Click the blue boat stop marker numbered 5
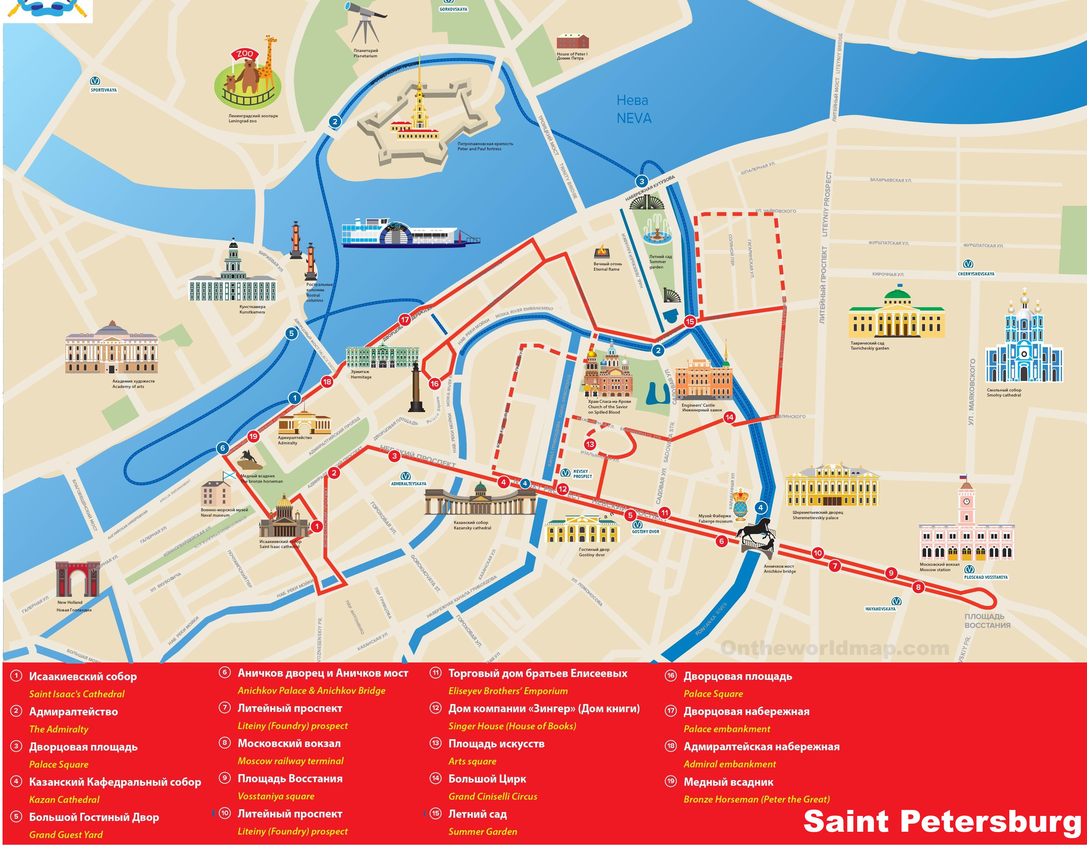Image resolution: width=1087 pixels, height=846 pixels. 292,333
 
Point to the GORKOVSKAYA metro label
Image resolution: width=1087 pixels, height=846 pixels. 453,9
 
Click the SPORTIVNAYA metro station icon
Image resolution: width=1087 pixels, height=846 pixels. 94,81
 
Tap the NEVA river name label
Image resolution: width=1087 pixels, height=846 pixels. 633,109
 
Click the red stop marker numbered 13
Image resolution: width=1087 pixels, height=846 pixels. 590,444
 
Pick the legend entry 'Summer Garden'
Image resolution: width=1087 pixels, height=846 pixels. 482,831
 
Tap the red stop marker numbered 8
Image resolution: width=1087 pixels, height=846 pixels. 918,587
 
